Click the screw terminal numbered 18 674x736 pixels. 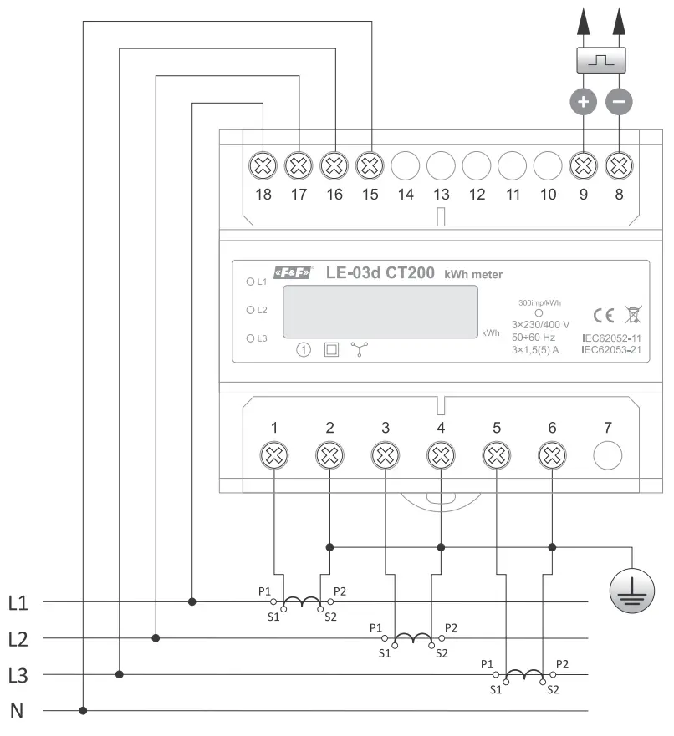click(x=263, y=165)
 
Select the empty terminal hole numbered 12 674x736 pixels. click(x=477, y=165)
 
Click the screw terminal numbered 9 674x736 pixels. click(x=584, y=165)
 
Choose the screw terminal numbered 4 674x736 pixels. click(x=440, y=455)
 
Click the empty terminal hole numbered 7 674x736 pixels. click(x=607, y=455)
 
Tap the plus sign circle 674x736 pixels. click(x=583, y=102)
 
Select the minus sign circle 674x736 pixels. click(x=618, y=102)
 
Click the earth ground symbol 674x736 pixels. click(x=632, y=590)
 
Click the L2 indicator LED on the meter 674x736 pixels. click(x=250, y=310)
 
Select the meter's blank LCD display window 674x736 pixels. click(x=380, y=311)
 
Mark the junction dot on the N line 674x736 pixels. click(x=83, y=711)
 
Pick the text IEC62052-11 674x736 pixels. click(x=610, y=338)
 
